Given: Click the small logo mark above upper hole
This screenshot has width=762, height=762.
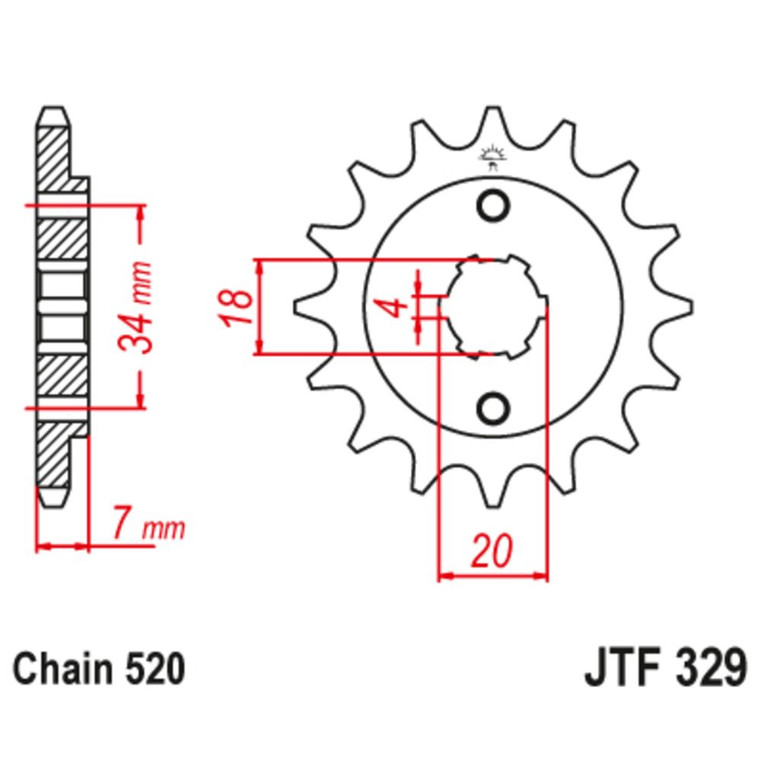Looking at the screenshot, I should click(492, 156).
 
